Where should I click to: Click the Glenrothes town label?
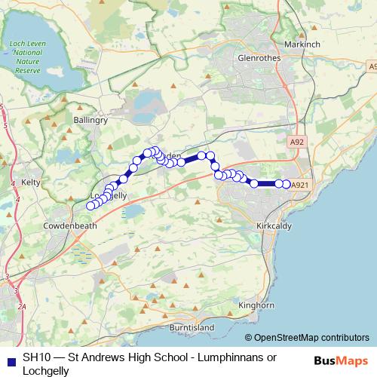click(258, 57)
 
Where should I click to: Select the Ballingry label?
click(92, 119)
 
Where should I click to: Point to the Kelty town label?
click(31, 182)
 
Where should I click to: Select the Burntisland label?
click(192, 328)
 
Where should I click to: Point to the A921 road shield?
click(300, 185)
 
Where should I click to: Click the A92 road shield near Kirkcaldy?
click(297, 141)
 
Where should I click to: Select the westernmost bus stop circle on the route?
click(91, 206)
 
